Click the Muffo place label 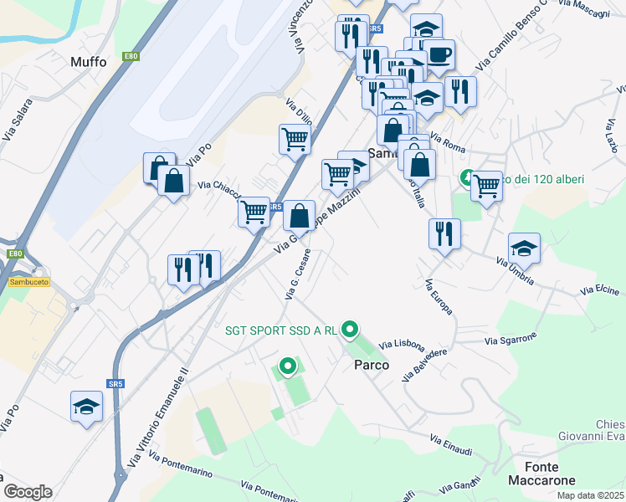point(89,62)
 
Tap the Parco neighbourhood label point(372,365)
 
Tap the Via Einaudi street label point(452,445)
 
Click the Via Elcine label point(599,290)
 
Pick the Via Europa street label point(439,297)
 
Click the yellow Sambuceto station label point(28,282)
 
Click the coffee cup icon point(439,54)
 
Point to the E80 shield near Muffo point(131,56)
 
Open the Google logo point(27,492)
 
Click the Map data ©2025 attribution point(590,495)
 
